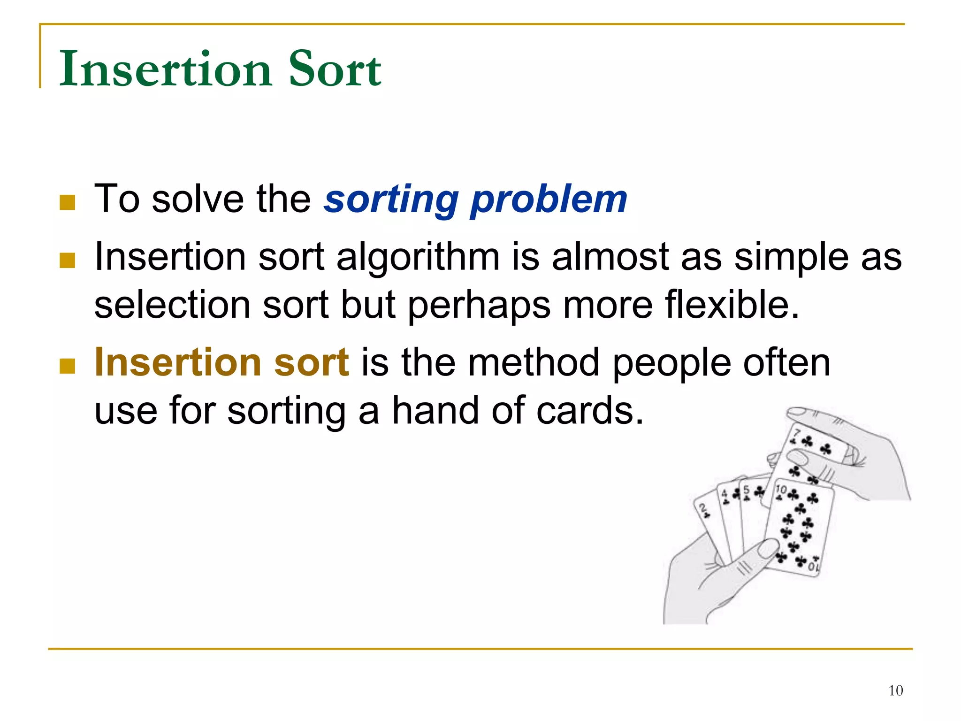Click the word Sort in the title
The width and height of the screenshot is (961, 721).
[335, 69]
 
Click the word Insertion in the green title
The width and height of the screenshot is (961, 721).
[166, 69]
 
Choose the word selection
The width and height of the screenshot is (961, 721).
[172, 305]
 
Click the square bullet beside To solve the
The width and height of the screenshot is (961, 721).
[68, 203]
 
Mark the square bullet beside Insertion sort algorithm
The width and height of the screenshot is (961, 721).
[68, 261]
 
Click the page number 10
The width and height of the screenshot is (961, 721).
[895, 690]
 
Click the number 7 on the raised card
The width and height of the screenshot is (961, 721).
[796, 433]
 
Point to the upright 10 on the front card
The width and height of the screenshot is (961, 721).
[781, 490]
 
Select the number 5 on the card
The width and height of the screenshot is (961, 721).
[746, 491]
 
